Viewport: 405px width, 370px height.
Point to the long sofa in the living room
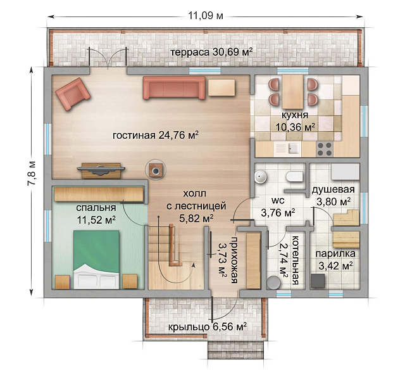(x=174, y=88)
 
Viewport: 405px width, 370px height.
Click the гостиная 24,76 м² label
(x=156, y=134)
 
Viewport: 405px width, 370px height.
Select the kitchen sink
(x=292, y=150)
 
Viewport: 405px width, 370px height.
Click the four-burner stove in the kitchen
(x=325, y=150)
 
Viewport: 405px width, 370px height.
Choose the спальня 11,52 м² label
(x=96, y=214)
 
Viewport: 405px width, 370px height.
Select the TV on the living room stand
(x=101, y=168)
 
